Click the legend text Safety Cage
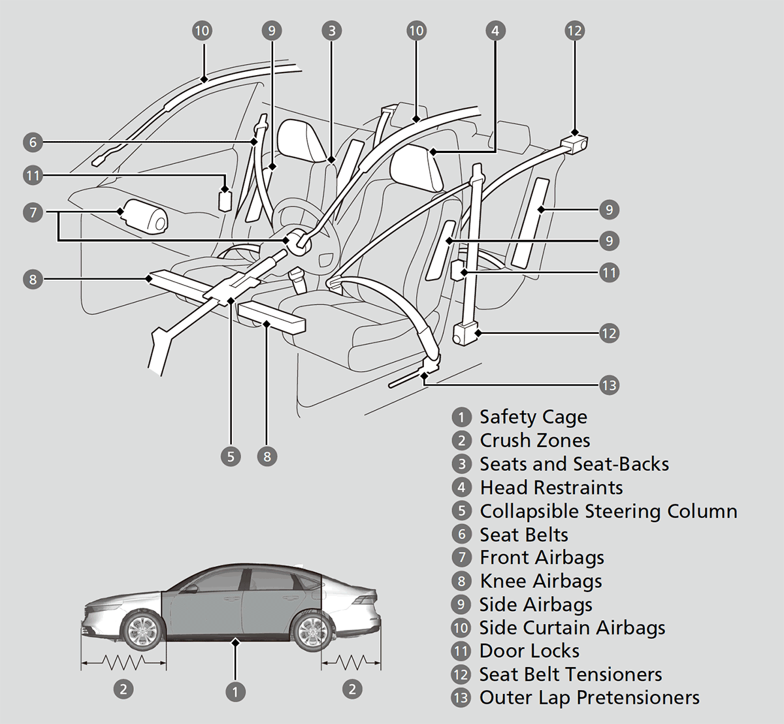[533, 417]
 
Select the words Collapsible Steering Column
[608, 511]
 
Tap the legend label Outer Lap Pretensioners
[589, 697]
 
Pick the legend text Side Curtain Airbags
[572, 628]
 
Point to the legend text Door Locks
[529, 651]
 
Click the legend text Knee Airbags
[540, 581]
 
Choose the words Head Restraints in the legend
[551, 487]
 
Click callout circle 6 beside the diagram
[33, 142]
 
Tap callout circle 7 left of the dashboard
[33, 212]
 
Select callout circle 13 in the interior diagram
[608, 385]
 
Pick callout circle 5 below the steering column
[231, 455]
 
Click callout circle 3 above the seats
[332, 30]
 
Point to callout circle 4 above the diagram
[495, 30]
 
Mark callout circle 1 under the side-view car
[235, 691]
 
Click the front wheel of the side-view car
[141, 631]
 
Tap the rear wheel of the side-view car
[310, 631]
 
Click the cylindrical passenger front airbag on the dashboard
[144, 216]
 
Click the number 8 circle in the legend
[461, 581]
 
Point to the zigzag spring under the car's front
[123, 664]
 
